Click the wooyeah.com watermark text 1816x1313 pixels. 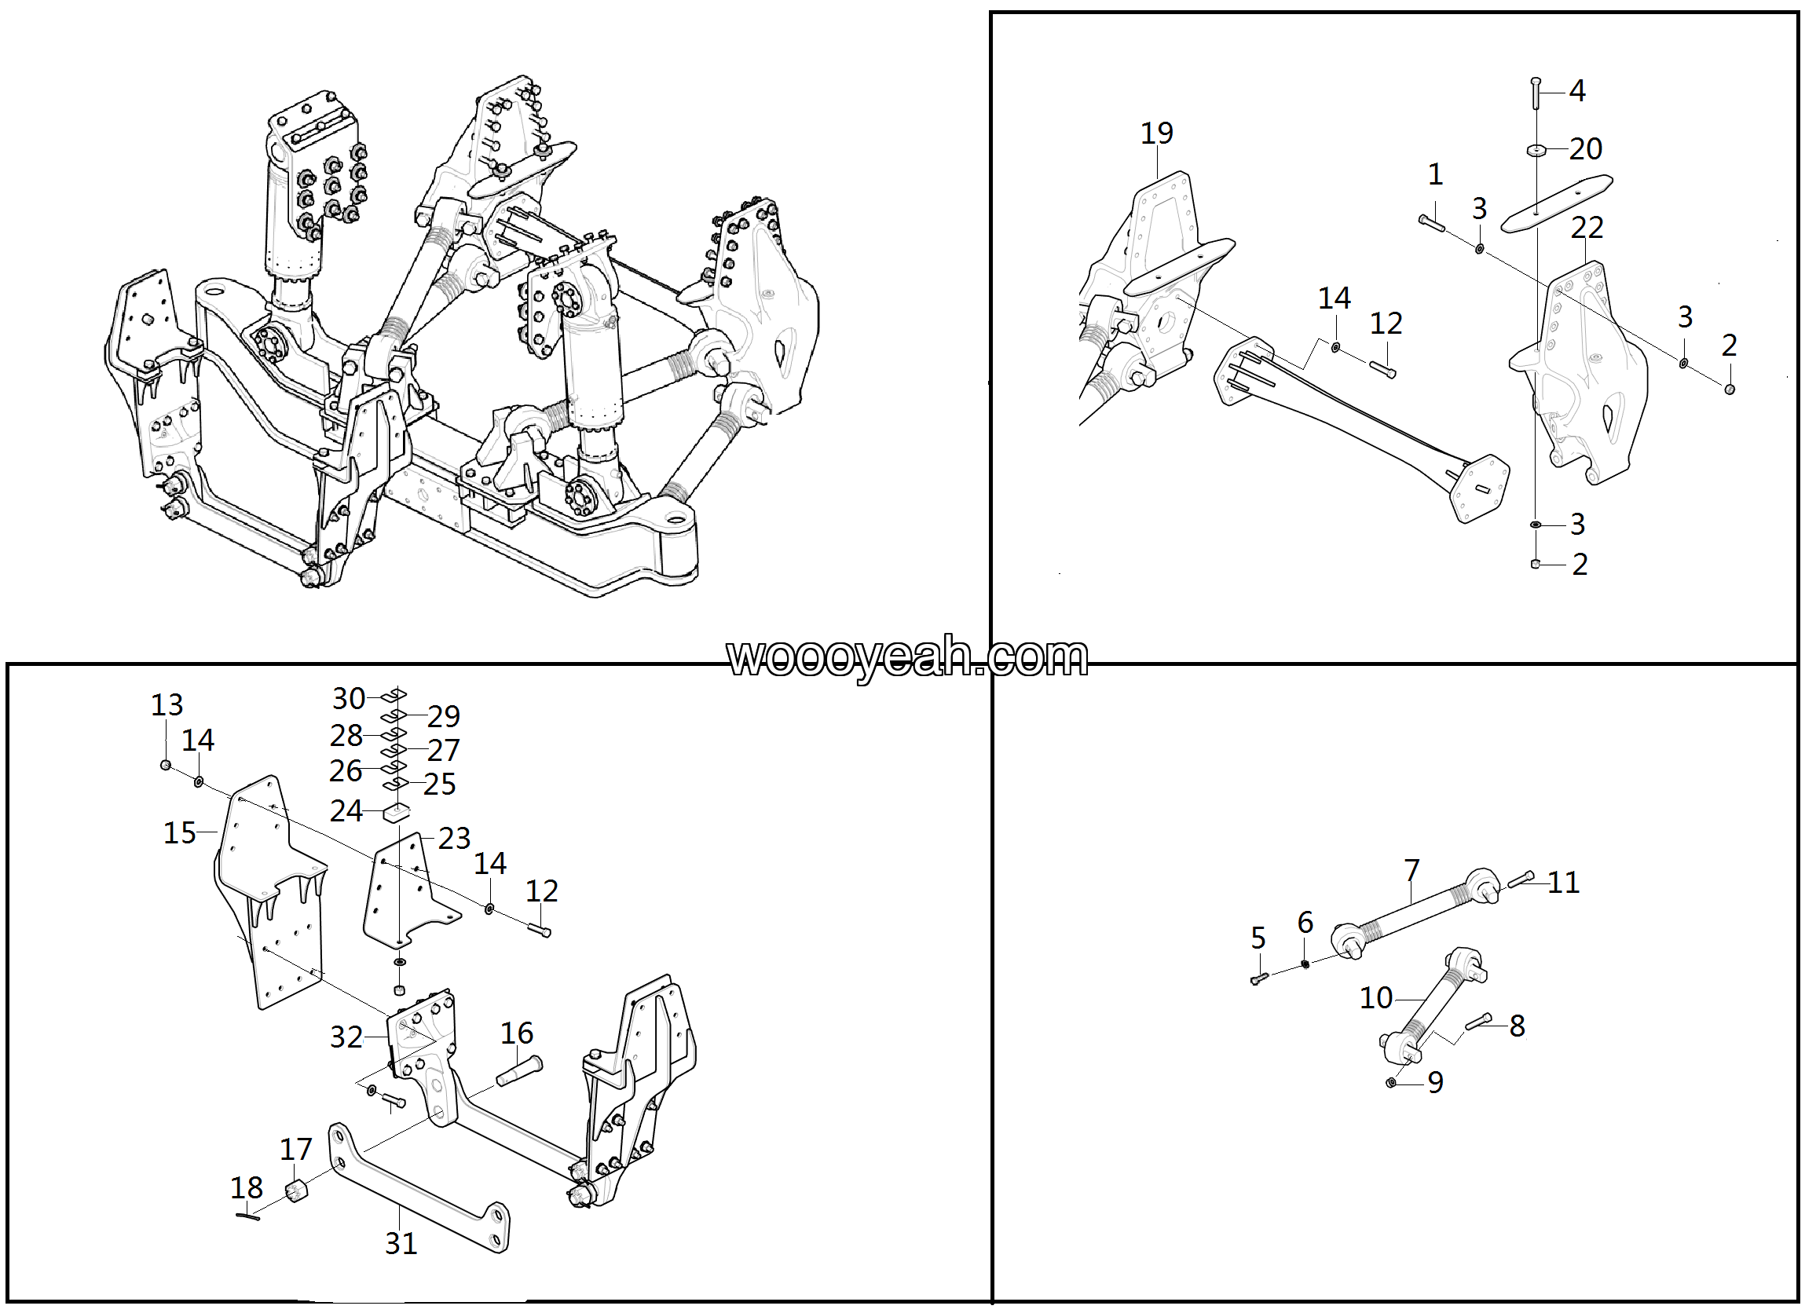pos(907,658)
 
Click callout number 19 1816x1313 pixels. pos(1156,133)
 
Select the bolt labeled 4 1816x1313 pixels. pos(1535,93)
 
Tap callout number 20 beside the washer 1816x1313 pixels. pos(1584,149)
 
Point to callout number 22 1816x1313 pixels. pos(1586,228)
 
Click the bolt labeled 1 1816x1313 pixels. pos(1432,223)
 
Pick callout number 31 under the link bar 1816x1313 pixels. pos(401,1243)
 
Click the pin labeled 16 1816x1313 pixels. pos(520,1070)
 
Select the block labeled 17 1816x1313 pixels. pos(296,1191)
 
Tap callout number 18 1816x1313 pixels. pos(247,1187)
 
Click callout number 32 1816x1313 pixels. pos(346,1037)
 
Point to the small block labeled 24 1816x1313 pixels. pos(396,813)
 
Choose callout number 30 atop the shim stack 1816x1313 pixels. pos(349,699)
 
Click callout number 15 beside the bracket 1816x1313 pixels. pos(180,833)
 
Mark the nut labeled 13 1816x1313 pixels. pos(166,766)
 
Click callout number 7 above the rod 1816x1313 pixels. pos(1411,869)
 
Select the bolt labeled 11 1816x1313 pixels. pos(1520,880)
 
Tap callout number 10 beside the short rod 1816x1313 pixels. pos(1376,998)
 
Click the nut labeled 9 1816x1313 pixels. pos(1391,1082)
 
